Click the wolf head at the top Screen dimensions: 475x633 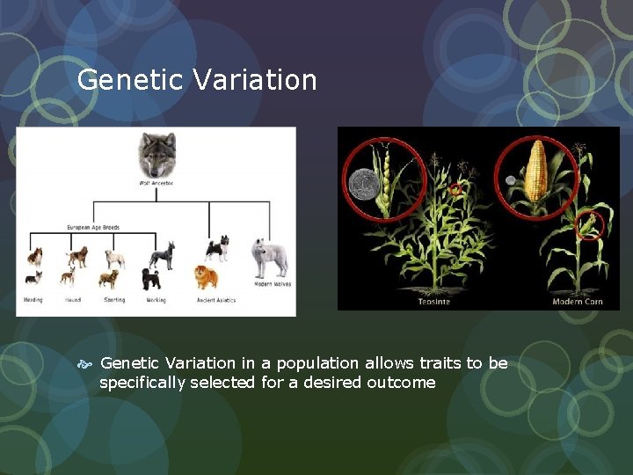point(156,154)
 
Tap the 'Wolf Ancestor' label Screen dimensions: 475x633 point(156,183)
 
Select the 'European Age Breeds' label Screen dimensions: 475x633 point(93,228)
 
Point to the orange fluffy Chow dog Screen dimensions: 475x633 point(206,277)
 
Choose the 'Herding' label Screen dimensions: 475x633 point(33,300)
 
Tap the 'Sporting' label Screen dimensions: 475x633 point(113,300)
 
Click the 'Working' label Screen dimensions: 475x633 point(156,300)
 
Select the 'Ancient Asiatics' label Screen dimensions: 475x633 point(217,300)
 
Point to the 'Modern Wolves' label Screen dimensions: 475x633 point(272,284)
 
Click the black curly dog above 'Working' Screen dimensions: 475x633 point(151,279)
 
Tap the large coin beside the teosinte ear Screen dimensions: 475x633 point(362,185)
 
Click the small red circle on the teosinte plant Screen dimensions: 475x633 point(455,189)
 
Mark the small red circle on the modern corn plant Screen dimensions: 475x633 point(591,226)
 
